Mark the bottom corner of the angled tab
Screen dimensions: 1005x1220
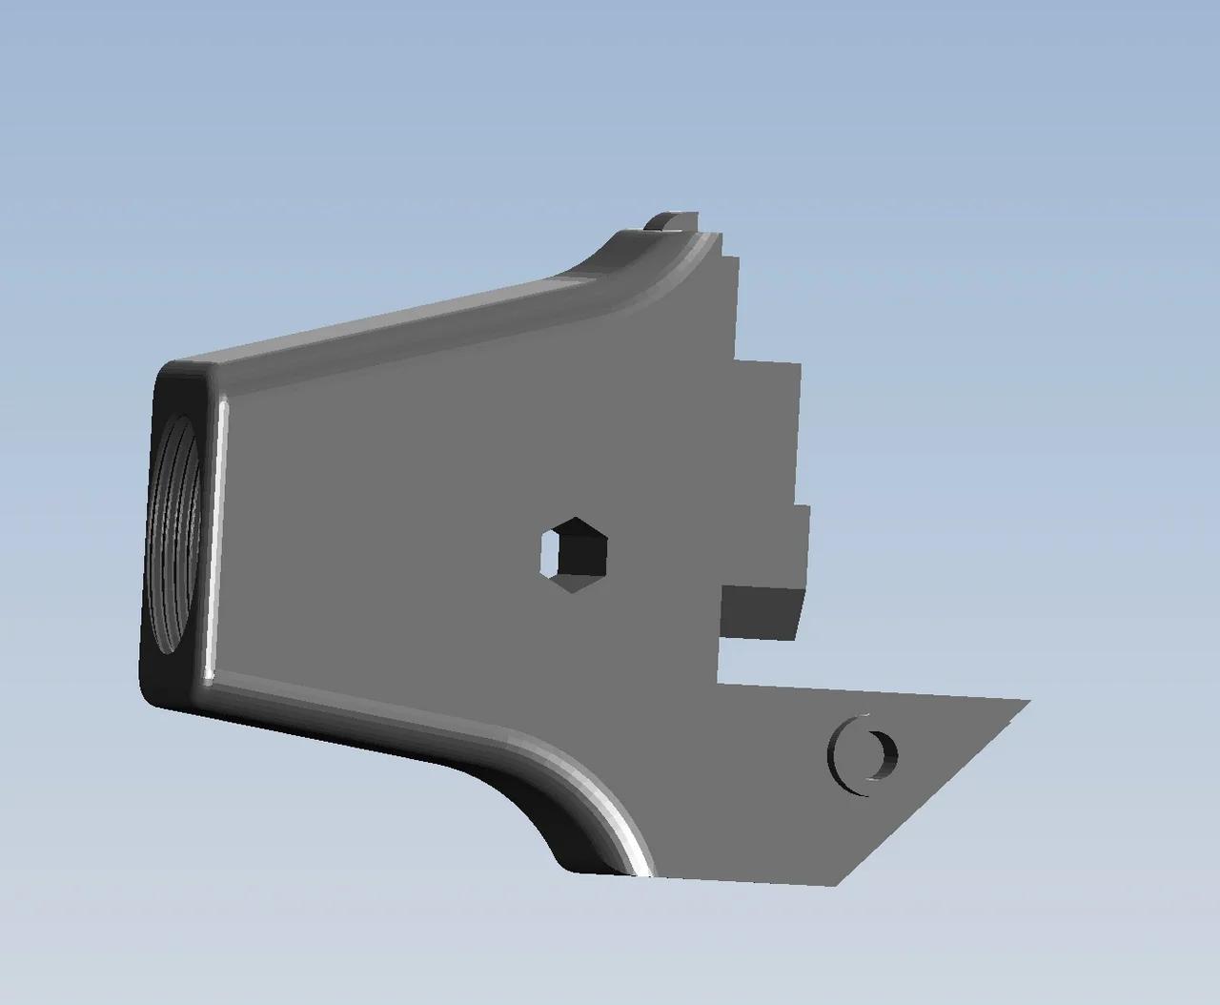837,883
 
